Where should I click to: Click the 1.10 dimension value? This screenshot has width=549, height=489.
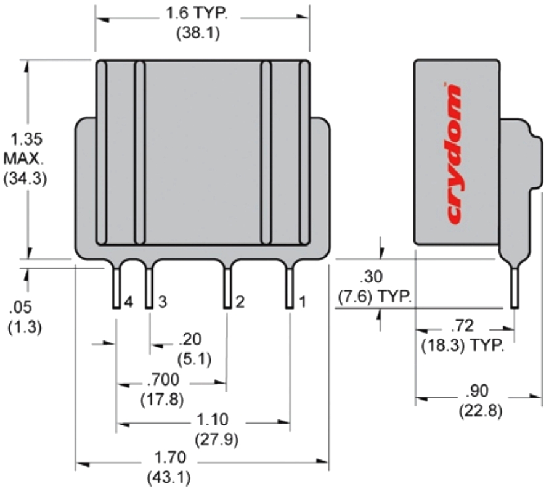(x=211, y=420)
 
